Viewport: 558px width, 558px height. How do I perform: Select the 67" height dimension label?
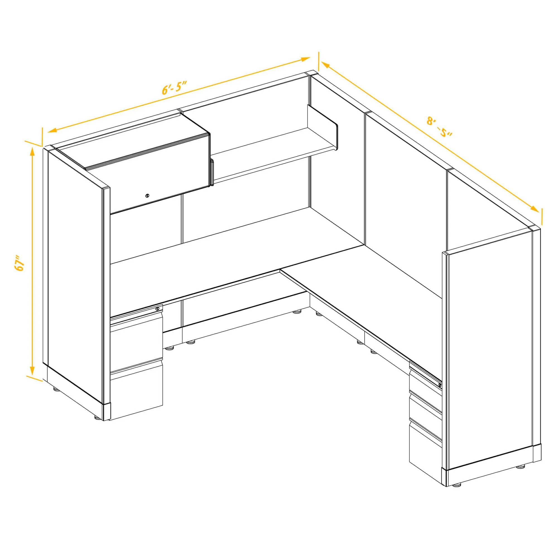tap(19, 263)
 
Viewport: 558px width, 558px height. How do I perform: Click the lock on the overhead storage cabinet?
tap(148, 196)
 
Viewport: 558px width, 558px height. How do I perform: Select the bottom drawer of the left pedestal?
tap(136, 396)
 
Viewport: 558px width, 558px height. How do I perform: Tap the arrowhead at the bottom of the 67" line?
tap(32, 369)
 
